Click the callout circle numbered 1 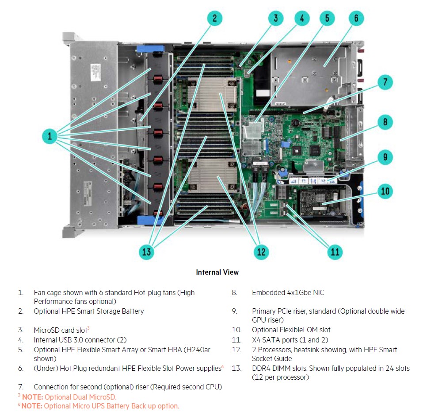pyautogui.click(x=50, y=136)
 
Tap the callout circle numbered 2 pyautogui.click(x=215, y=18)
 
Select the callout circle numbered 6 pyautogui.click(x=356, y=18)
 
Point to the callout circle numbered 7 pyautogui.click(x=385, y=82)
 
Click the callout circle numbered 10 pyautogui.click(x=385, y=191)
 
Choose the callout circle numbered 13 pyautogui.click(x=147, y=252)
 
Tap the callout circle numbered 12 pyautogui.click(x=261, y=252)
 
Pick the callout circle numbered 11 pyautogui.click(x=335, y=252)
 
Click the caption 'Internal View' pyautogui.click(x=217, y=272)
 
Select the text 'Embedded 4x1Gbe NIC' pyautogui.click(x=288, y=292)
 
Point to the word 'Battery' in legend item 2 pyautogui.click(x=133, y=311)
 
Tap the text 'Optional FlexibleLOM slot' pyautogui.click(x=291, y=330)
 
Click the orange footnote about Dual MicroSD pyautogui.click(x=67, y=397)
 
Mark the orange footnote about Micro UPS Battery pyautogui.click(x=99, y=406)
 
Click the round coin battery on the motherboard pyautogui.click(x=295, y=123)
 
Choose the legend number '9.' pyautogui.click(x=235, y=311)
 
